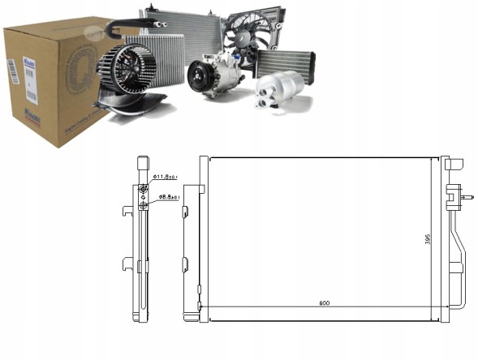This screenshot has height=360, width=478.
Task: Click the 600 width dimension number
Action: (324, 303)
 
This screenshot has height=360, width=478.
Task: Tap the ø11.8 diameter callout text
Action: (166, 176)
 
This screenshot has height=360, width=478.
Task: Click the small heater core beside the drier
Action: (285, 61)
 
